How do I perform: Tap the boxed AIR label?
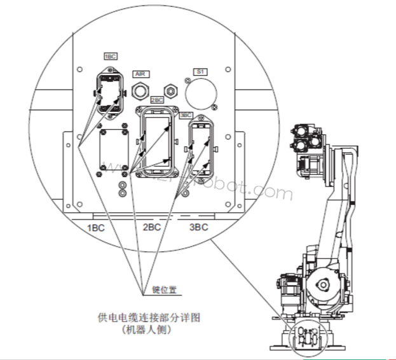tap(141, 74)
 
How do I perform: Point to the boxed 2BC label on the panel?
tap(157, 100)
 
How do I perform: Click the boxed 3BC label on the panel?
tap(186, 115)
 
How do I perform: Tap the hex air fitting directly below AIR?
tap(142, 90)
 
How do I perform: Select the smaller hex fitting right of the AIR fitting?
tap(170, 90)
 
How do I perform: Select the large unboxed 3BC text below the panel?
tap(200, 228)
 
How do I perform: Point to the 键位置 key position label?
tap(164, 289)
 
